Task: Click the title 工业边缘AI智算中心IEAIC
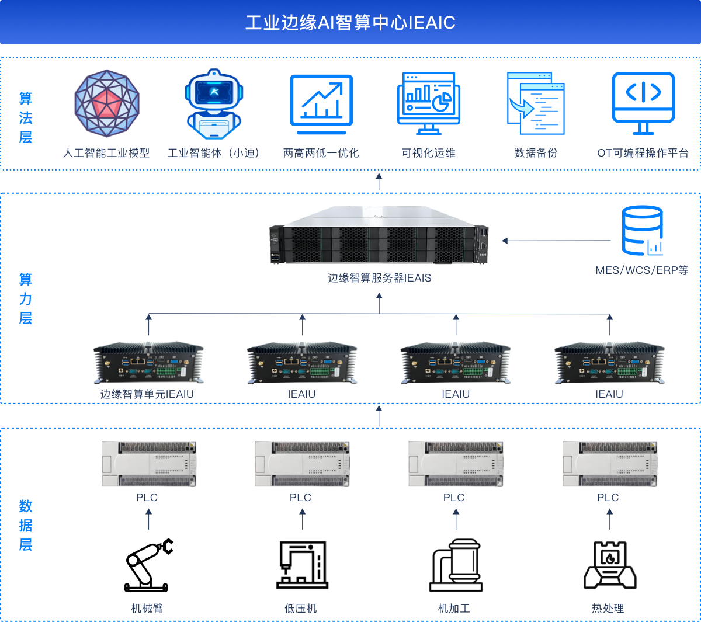350,23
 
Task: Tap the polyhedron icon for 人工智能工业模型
107,103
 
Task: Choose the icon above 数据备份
536,103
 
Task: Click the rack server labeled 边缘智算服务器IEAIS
379,235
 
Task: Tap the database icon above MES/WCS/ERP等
642,231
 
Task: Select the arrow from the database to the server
556,241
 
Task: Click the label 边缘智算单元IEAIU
147,394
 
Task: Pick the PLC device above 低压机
302,464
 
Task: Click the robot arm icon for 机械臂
149,565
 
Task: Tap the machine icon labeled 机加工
456,565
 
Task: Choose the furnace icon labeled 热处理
610,565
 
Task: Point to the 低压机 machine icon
302,565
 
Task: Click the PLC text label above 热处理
608,498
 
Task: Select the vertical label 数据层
26,526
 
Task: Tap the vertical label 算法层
26,117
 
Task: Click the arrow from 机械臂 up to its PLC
149,519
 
